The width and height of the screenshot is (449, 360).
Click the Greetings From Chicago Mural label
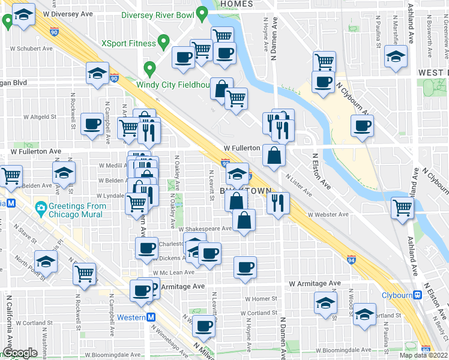tap(78, 210)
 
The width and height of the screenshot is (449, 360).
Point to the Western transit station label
tap(131, 317)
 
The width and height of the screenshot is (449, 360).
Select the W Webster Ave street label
tap(328, 214)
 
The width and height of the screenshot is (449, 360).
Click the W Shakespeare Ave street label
tap(205, 229)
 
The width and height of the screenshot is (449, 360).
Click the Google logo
tap(20, 353)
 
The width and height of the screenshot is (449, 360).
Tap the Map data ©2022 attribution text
tap(424, 355)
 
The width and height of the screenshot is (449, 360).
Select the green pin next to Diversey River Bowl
tap(202, 12)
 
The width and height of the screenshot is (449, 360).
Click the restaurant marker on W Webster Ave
tap(278, 202)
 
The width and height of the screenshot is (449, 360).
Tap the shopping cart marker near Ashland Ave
tap(402, 208)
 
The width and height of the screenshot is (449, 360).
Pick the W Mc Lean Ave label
tap(173, 272)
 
